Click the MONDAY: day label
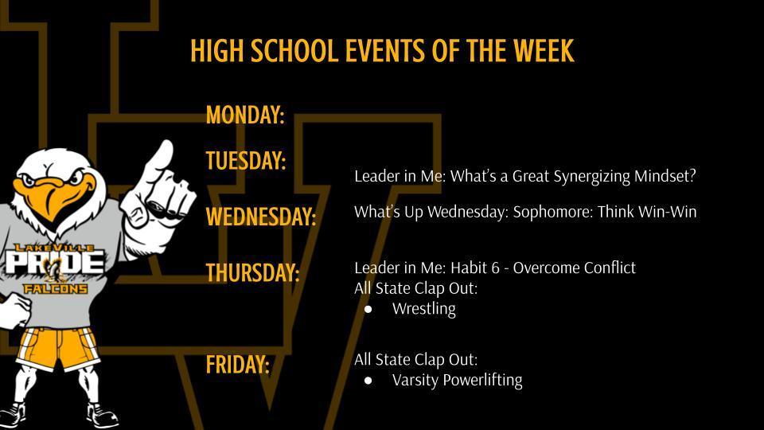[244, 115]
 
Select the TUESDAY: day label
[245, 161]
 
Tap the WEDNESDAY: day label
[260, 217]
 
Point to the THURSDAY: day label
[252, 273]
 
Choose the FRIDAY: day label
[237, 365]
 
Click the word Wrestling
[423, 309]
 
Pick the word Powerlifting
[482, 380]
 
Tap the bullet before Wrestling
[368, 309]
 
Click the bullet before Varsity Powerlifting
[368, 381]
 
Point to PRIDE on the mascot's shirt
[56, 264]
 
